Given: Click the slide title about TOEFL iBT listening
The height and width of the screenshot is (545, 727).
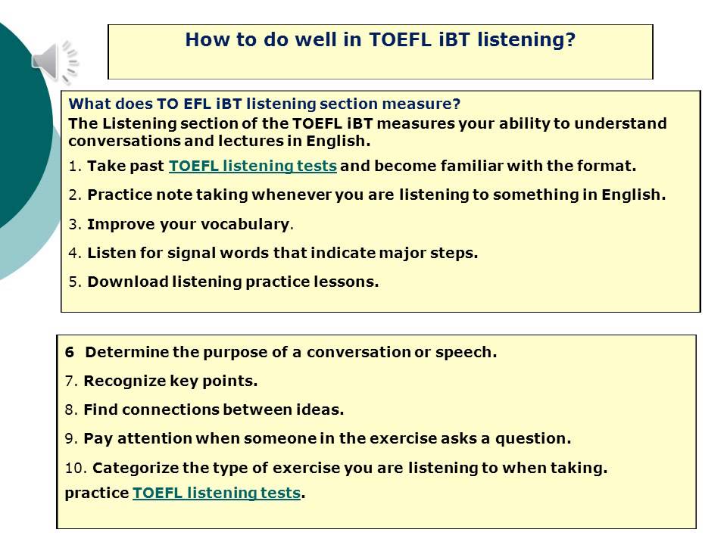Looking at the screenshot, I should (380, 40).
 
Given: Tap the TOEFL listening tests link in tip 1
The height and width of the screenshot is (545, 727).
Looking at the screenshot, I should (253, 166).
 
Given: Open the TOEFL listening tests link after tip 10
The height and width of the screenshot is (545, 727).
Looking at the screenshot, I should (217, 493).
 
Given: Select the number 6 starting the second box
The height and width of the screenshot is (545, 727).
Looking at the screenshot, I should (70, 352).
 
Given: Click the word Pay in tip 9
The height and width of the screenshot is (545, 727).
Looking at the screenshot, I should (96, 438).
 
